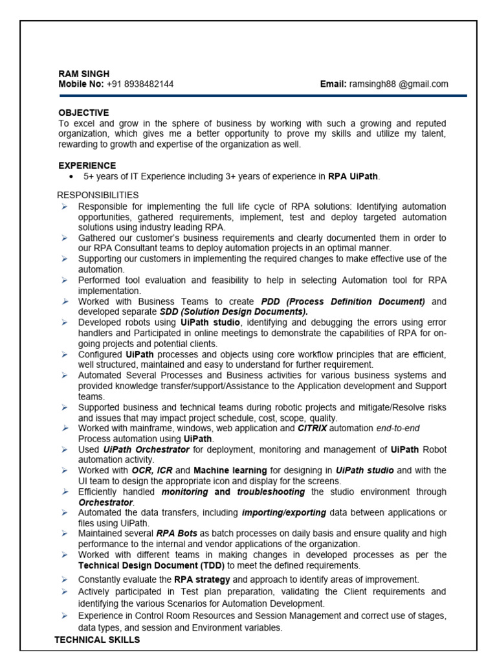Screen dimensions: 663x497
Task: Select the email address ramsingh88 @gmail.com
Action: click(399, 84)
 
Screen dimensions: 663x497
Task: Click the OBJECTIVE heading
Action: click(83, 113)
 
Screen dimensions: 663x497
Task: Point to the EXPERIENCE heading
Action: click(87, 166)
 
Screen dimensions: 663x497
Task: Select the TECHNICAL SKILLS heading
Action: click(97, 640)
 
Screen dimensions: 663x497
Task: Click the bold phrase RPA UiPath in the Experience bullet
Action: click(353, 176)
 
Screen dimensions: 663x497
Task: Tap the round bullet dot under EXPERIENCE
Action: click(71, 176)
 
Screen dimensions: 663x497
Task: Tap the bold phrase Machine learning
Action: click(230, 470)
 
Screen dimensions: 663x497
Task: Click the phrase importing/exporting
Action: click(284, 513)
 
